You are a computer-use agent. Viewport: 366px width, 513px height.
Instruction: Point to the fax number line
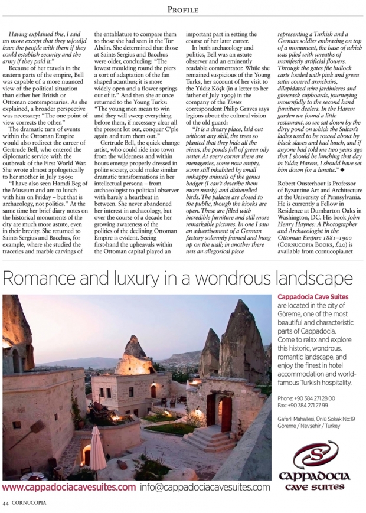(x=302, y=407)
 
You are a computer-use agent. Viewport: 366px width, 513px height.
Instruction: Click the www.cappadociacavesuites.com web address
(x=69, y=488)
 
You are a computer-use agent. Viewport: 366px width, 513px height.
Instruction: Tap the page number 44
(x=6, y=503)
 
